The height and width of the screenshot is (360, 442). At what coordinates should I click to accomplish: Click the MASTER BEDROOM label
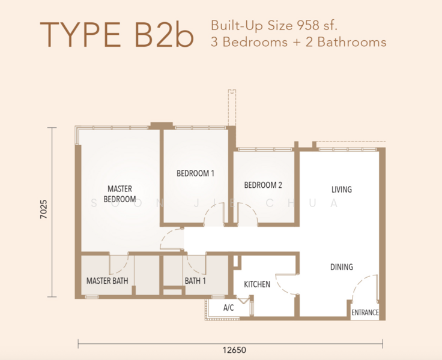click(x=120, y=194)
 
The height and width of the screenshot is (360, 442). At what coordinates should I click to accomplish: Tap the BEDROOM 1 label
click(x=195, y=173)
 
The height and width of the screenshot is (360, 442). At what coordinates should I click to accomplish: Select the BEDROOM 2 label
click(x=263, y=185)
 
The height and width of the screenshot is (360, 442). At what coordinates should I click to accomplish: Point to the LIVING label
click(x=341, y=190)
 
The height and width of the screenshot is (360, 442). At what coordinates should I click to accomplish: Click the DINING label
click(x=341, y=267)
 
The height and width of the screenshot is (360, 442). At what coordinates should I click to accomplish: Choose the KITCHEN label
click(x=256, y=284)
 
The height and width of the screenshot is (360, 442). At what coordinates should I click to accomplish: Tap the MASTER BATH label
click(x=107, y=280)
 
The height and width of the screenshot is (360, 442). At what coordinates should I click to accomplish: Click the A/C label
click(x=228, y=307)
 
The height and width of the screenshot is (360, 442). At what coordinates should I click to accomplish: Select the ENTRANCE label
click(x=365, y=313)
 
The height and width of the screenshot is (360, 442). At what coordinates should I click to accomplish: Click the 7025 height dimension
click(x=43, y=212)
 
